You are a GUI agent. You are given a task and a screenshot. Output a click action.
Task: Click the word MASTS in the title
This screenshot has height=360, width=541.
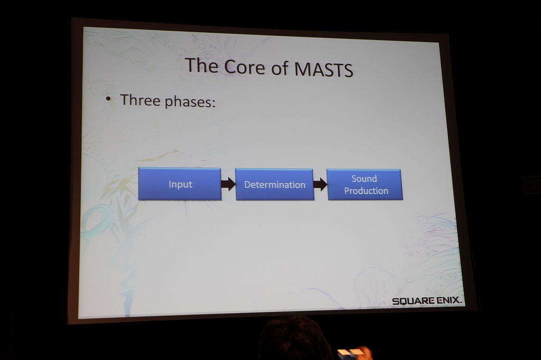(x=324, y=69)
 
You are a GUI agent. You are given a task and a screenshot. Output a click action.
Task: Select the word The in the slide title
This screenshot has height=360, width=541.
(x=201, y=65)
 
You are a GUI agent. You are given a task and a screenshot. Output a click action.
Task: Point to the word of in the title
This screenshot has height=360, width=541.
(x=279, y=68)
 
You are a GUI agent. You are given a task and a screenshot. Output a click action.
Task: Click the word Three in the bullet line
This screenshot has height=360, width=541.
(x=140, y=100)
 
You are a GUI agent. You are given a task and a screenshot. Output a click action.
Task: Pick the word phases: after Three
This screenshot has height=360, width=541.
(x=190, y=102)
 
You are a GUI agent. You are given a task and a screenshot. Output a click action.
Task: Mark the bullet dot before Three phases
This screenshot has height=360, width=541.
(x=108, y=99)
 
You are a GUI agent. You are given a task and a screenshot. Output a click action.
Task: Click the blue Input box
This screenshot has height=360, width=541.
(x=180, y=184)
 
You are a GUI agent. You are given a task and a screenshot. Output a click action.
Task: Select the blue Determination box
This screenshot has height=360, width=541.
(x=275, y=184)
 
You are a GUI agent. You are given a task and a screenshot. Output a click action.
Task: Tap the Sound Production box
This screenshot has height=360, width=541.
(x=365, y=184)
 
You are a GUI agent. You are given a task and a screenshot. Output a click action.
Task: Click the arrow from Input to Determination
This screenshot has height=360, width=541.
(x=228, y=184)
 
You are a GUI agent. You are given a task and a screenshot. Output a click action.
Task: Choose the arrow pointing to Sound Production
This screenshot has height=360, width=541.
(x=320, y=184)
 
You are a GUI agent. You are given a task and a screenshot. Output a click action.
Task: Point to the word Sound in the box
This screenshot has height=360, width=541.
(x=364, y=178)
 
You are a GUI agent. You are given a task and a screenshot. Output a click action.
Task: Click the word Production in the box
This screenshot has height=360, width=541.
(x=366, y=191)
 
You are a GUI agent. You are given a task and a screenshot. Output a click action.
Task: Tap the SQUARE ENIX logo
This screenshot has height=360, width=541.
(x=427, y=301)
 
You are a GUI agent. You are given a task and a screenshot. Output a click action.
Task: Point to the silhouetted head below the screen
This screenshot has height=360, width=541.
(x=293, y=339)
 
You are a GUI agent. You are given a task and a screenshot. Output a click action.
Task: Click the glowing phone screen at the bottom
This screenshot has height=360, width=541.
(x=348, y=355)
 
